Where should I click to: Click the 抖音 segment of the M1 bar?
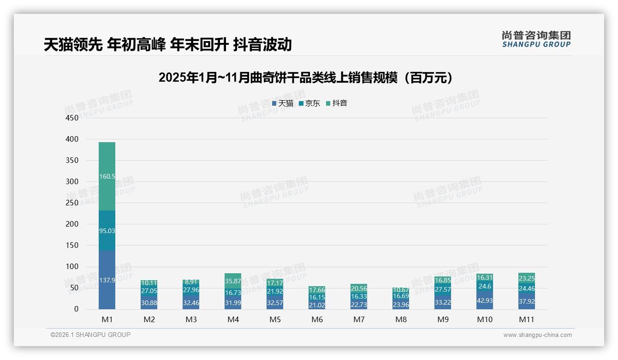coord(107,176)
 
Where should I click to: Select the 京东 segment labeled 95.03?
coord(107,230)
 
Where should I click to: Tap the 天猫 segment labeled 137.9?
coord(107,280)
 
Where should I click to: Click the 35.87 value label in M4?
coord(233,281)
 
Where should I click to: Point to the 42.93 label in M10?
coord(484,300)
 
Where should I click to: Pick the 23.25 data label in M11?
coord(526,278)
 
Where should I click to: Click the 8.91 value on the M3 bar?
coord(191,282)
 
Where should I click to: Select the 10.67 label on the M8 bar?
coord(401,290)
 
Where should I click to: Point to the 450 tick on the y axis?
coord(72,118)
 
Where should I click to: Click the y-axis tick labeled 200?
coord(72,224)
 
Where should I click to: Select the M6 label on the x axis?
coord(317,319)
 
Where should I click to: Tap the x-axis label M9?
coord(443,319)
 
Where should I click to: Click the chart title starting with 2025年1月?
coord(305,78)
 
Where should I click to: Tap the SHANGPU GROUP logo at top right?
coord(536,39)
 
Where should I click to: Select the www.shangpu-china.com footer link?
coord(537,335)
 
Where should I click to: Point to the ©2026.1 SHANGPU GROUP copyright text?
coord(90,335)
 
